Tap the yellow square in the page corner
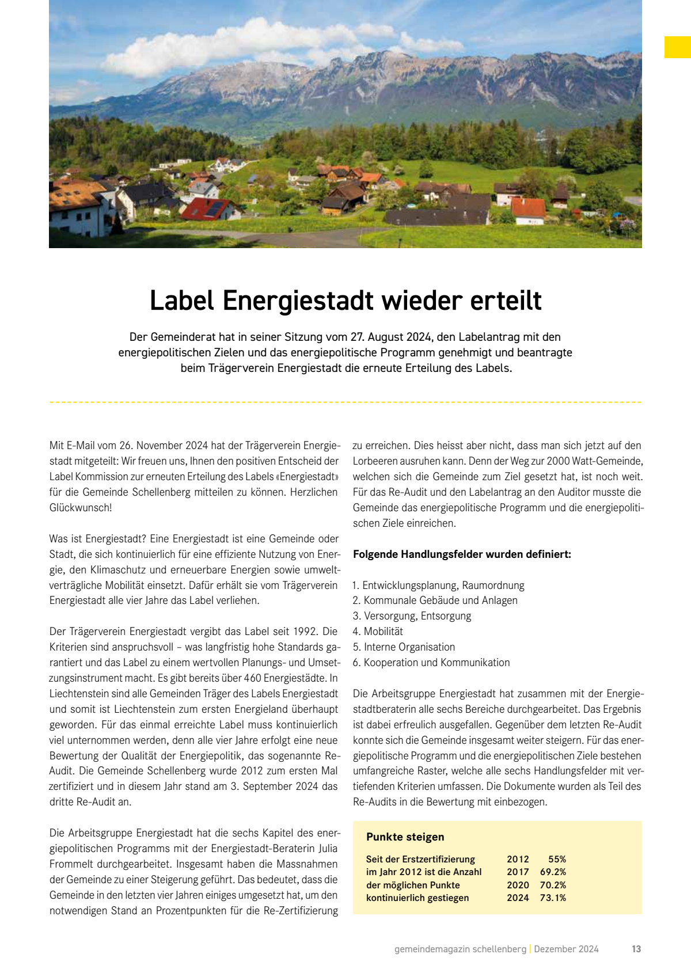click(x=677, y=47)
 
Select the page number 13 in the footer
click(x=636, y=949)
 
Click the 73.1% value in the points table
click(x=553, y=898)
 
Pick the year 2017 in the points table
click(x=518, y=872)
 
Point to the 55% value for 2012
click(x=557, y=859)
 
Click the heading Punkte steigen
click(x=405, y=837)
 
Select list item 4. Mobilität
click(x=378, y=632)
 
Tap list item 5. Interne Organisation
click(x=404, y=647)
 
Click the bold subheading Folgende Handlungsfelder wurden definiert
click(x=462, y=554)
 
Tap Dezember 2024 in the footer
click(x=566, y=949)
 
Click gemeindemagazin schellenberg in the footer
click(x=460, y=949)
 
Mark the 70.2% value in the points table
click(x=553, y=885)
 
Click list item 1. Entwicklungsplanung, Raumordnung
click(x=438, y=586)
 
